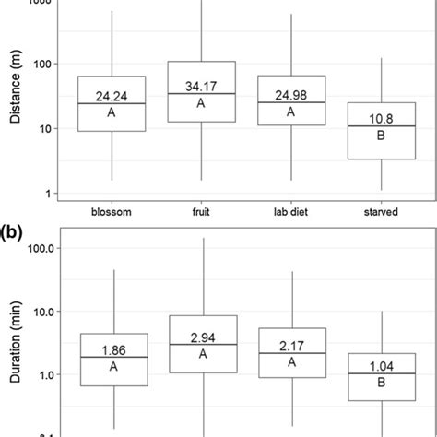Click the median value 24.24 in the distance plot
coord(112,94)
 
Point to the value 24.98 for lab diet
coord(291,93)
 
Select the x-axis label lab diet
coord(291,211)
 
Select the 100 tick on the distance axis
coord(41,64)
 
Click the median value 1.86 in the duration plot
coord(112,349)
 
